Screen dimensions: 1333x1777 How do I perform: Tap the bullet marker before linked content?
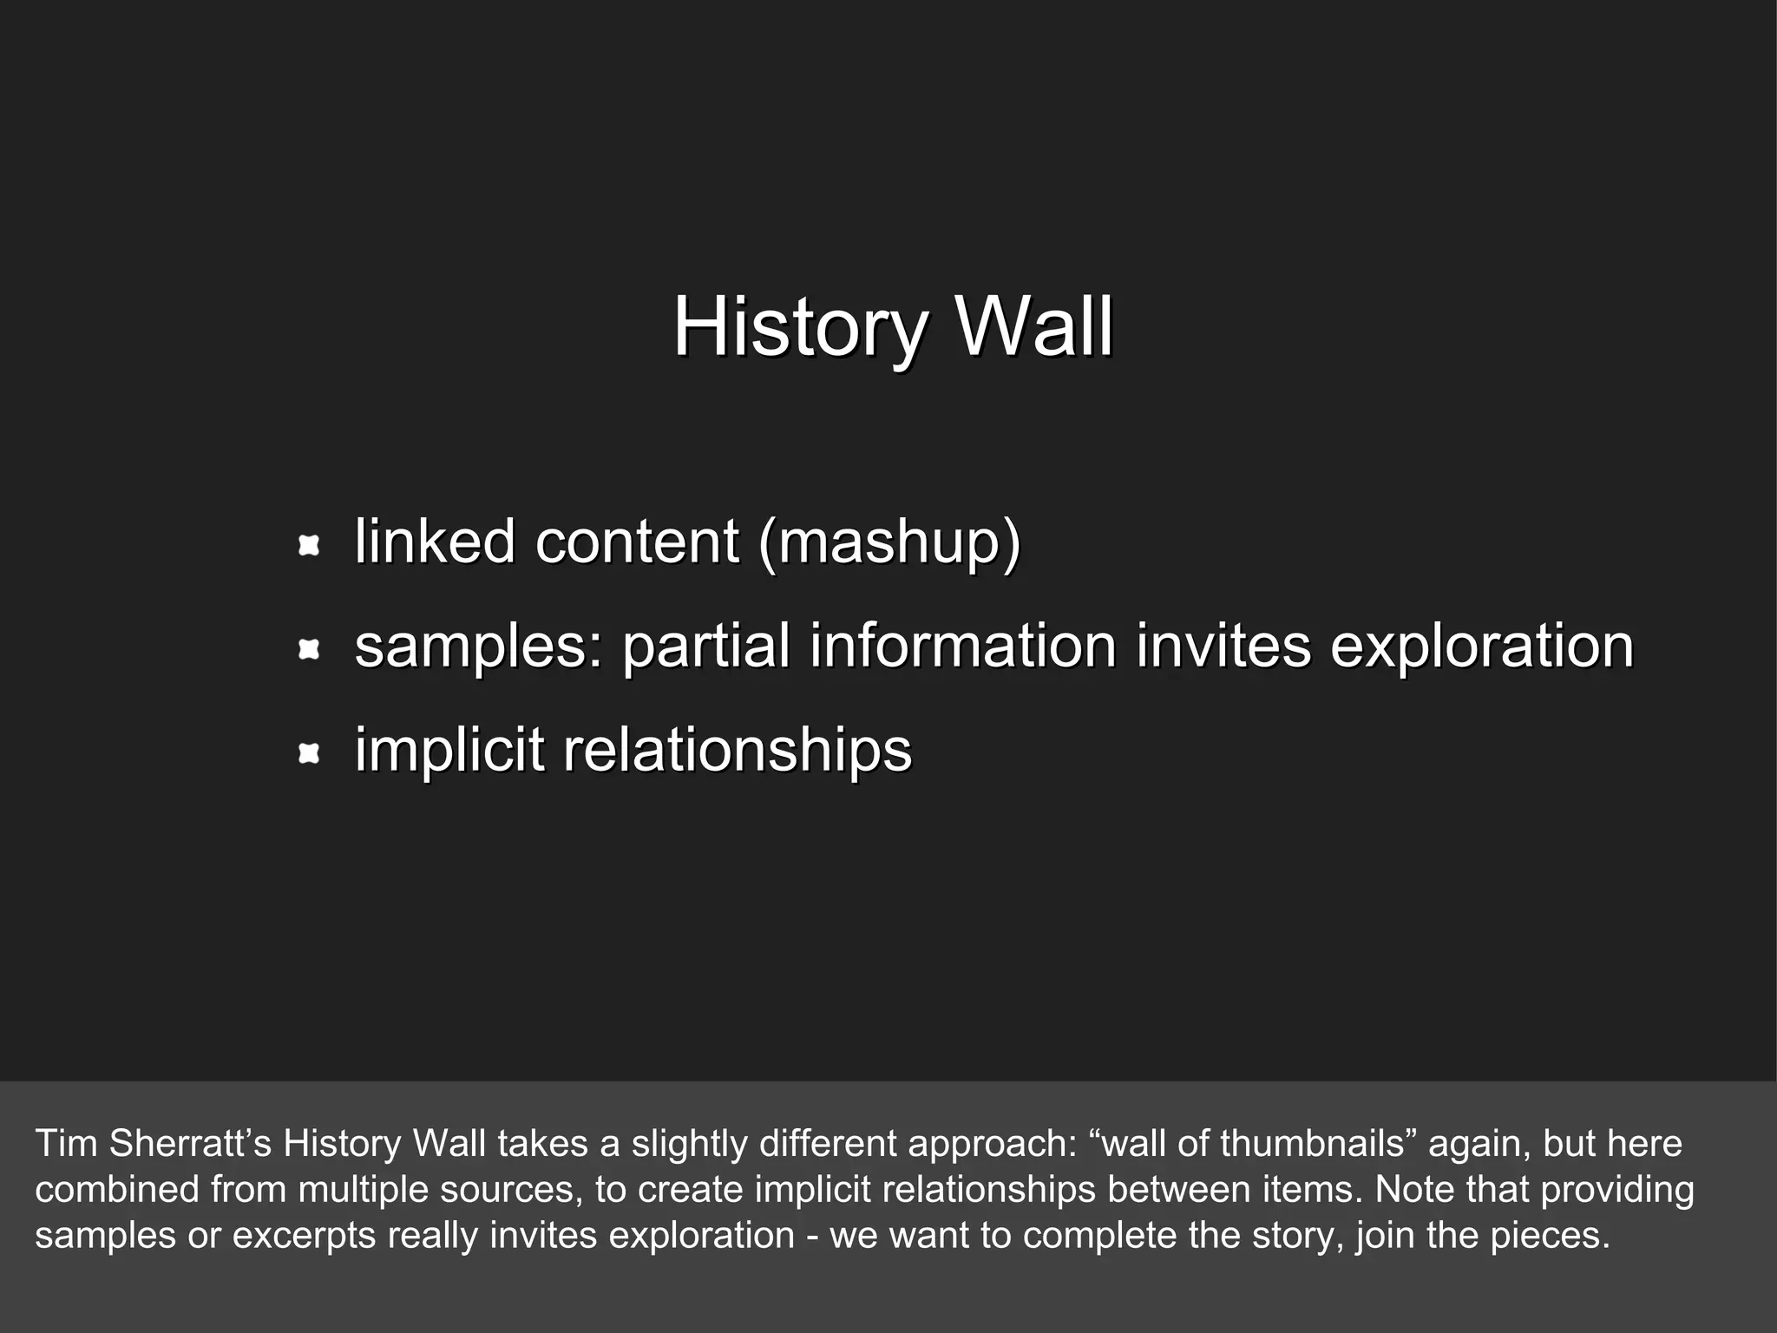click(x=309, y=546)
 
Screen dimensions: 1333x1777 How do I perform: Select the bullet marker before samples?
click(x=309, y=649)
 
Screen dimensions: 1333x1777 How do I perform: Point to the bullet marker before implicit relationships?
click(x=309, y=754)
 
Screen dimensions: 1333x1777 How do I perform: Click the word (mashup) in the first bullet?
click(x=888, y=542)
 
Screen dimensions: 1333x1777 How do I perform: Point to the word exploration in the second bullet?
click(x=1482, y=647)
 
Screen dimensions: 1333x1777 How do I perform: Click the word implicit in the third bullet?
click(x=449, y=751)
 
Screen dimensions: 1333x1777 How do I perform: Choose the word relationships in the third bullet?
click(x=738, y=751)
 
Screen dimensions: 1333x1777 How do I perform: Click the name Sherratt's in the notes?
click(x=190, y=1144)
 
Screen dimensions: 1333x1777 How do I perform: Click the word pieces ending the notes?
click(x=1550, y=1236)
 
